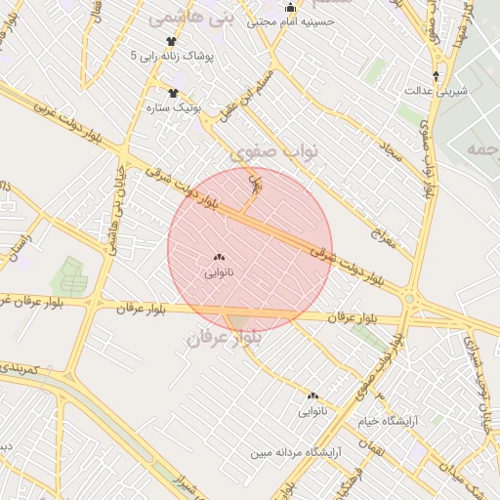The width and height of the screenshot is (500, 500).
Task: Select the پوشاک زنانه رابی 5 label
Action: pos(172,57)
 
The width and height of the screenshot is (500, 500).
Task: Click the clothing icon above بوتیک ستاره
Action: pos(173,94)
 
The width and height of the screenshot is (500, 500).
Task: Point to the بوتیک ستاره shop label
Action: pos(173,106)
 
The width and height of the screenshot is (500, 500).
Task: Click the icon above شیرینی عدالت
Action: pos(437,75)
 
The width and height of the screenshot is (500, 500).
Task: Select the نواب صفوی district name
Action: pos(274,152)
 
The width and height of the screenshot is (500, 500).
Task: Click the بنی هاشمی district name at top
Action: pos(179,19)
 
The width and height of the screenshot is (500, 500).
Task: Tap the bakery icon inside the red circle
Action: pos(217,258)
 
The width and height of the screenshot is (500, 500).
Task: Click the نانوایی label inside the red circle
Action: pos(217,272)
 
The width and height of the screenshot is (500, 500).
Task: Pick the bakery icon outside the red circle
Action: pos(312,396)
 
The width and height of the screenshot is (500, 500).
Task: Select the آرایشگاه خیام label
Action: pos(417,422)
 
